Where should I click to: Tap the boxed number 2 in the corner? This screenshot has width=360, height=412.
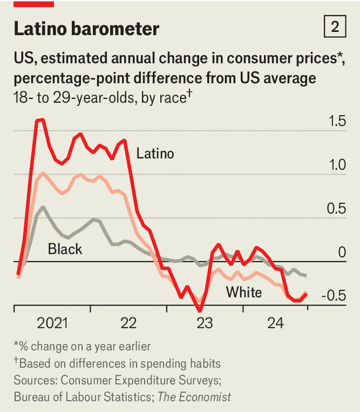click(335, 27)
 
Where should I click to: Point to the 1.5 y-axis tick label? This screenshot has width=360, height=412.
click(336, 122)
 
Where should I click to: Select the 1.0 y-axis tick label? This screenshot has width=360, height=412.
click(336, 165)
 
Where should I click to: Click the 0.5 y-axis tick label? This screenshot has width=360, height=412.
click(336, 209)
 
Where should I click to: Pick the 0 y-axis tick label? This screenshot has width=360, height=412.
click(342, 253)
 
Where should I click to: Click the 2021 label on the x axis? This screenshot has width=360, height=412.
click(52, 323)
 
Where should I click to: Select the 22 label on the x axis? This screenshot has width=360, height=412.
click(128, 323)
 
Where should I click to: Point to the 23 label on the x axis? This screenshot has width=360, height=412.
click(204, 323)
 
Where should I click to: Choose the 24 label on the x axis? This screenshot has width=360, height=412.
click(275, 323)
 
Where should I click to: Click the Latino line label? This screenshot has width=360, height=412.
click(155, 154)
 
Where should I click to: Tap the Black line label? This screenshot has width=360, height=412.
click(65, 249)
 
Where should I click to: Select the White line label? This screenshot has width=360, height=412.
click(244, 292)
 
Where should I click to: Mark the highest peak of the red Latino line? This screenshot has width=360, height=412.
click(40, 120)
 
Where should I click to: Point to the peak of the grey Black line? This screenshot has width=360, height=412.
click(43, 207)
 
